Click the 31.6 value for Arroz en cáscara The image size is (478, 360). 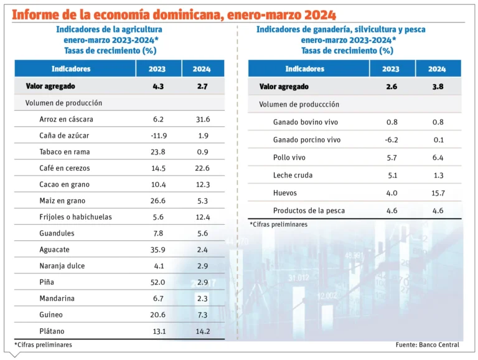pos(203,119)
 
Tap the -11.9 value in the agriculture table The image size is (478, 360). pos(159,135)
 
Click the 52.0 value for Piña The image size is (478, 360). pos(159,282)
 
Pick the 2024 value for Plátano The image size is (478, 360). pos(203,331)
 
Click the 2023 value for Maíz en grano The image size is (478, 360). pos(159,201)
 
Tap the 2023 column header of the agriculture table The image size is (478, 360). pos(159,69)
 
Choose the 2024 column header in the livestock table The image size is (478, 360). pos(437,69)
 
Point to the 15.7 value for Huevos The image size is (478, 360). pos(437,193)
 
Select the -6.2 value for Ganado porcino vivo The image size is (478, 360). pos(391,140)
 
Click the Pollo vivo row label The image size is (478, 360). pos(289,158)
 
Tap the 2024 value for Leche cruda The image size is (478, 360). pos(437,175)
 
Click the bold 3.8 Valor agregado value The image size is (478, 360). pos(437,87)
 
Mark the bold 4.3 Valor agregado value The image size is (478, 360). pos(159,87)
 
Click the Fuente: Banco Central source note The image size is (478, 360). pos(427,344)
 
